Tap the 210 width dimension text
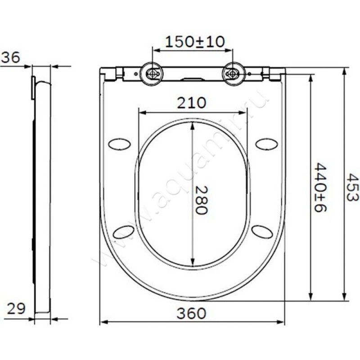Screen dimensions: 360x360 [191, 103]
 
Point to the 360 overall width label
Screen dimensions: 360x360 [191, 313]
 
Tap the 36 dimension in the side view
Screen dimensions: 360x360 [9, 57]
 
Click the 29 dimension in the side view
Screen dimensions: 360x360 [16, 309]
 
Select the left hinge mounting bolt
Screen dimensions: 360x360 [152, 73]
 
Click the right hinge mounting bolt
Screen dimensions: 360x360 [232, 73]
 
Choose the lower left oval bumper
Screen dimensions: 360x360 [123, 232]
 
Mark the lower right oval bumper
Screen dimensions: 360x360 [262, 232]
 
